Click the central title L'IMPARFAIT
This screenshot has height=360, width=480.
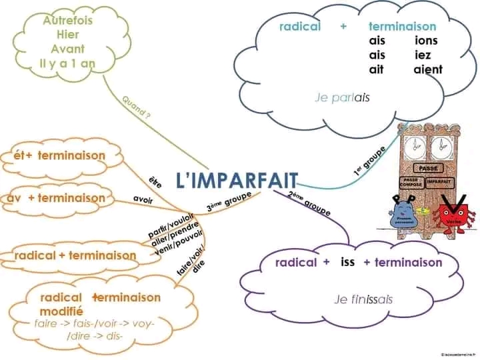[237, 179]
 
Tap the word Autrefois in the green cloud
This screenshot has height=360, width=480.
[67, 21]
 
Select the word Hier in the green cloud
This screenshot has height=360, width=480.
[67, 35]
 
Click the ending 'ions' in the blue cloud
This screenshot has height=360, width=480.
[426, 41]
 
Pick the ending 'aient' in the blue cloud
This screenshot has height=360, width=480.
[427, 69]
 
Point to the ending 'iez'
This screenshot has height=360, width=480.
[423, 55]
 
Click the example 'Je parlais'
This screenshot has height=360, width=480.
[342, 97]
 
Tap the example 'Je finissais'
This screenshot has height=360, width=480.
[363, 299]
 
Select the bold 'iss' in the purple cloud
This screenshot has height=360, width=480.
[347, 261]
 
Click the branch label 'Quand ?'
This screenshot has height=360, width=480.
[137, 106]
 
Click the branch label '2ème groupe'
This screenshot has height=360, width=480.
[309, 203]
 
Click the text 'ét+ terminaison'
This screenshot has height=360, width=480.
[59, 156]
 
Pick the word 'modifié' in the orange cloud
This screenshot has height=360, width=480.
[61, 311]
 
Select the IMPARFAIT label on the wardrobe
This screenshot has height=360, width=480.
[437, 181]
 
